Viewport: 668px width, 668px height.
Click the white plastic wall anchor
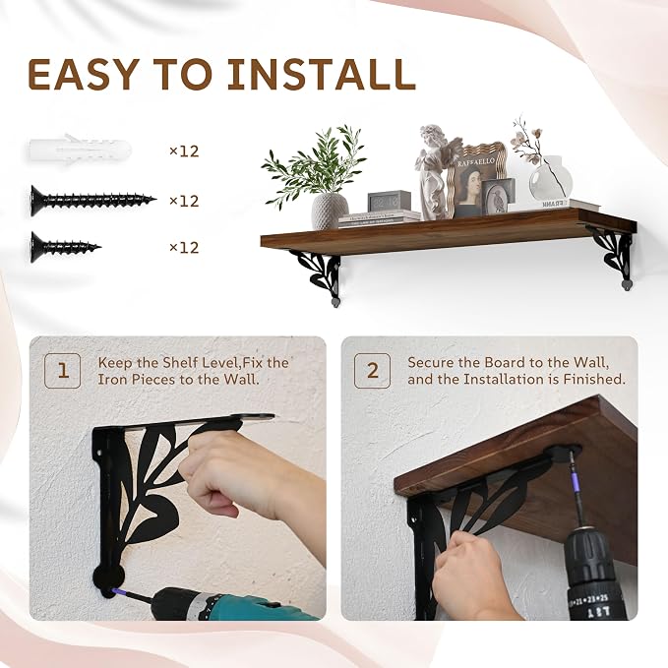tap(81, 150)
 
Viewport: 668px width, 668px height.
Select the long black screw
tap(93, 201)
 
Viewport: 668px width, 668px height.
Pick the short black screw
tap(66, 247)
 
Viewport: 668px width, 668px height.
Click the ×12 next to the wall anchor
tap(184, 152)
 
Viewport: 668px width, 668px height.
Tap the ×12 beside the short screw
tap(184, 248)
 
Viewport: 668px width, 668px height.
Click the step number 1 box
tap(63, 371)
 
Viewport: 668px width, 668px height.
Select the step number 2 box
tap(372, 371)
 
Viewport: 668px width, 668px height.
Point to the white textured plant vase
tap(330, 211)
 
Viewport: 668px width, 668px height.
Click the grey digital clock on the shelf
tap(389, 201)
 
